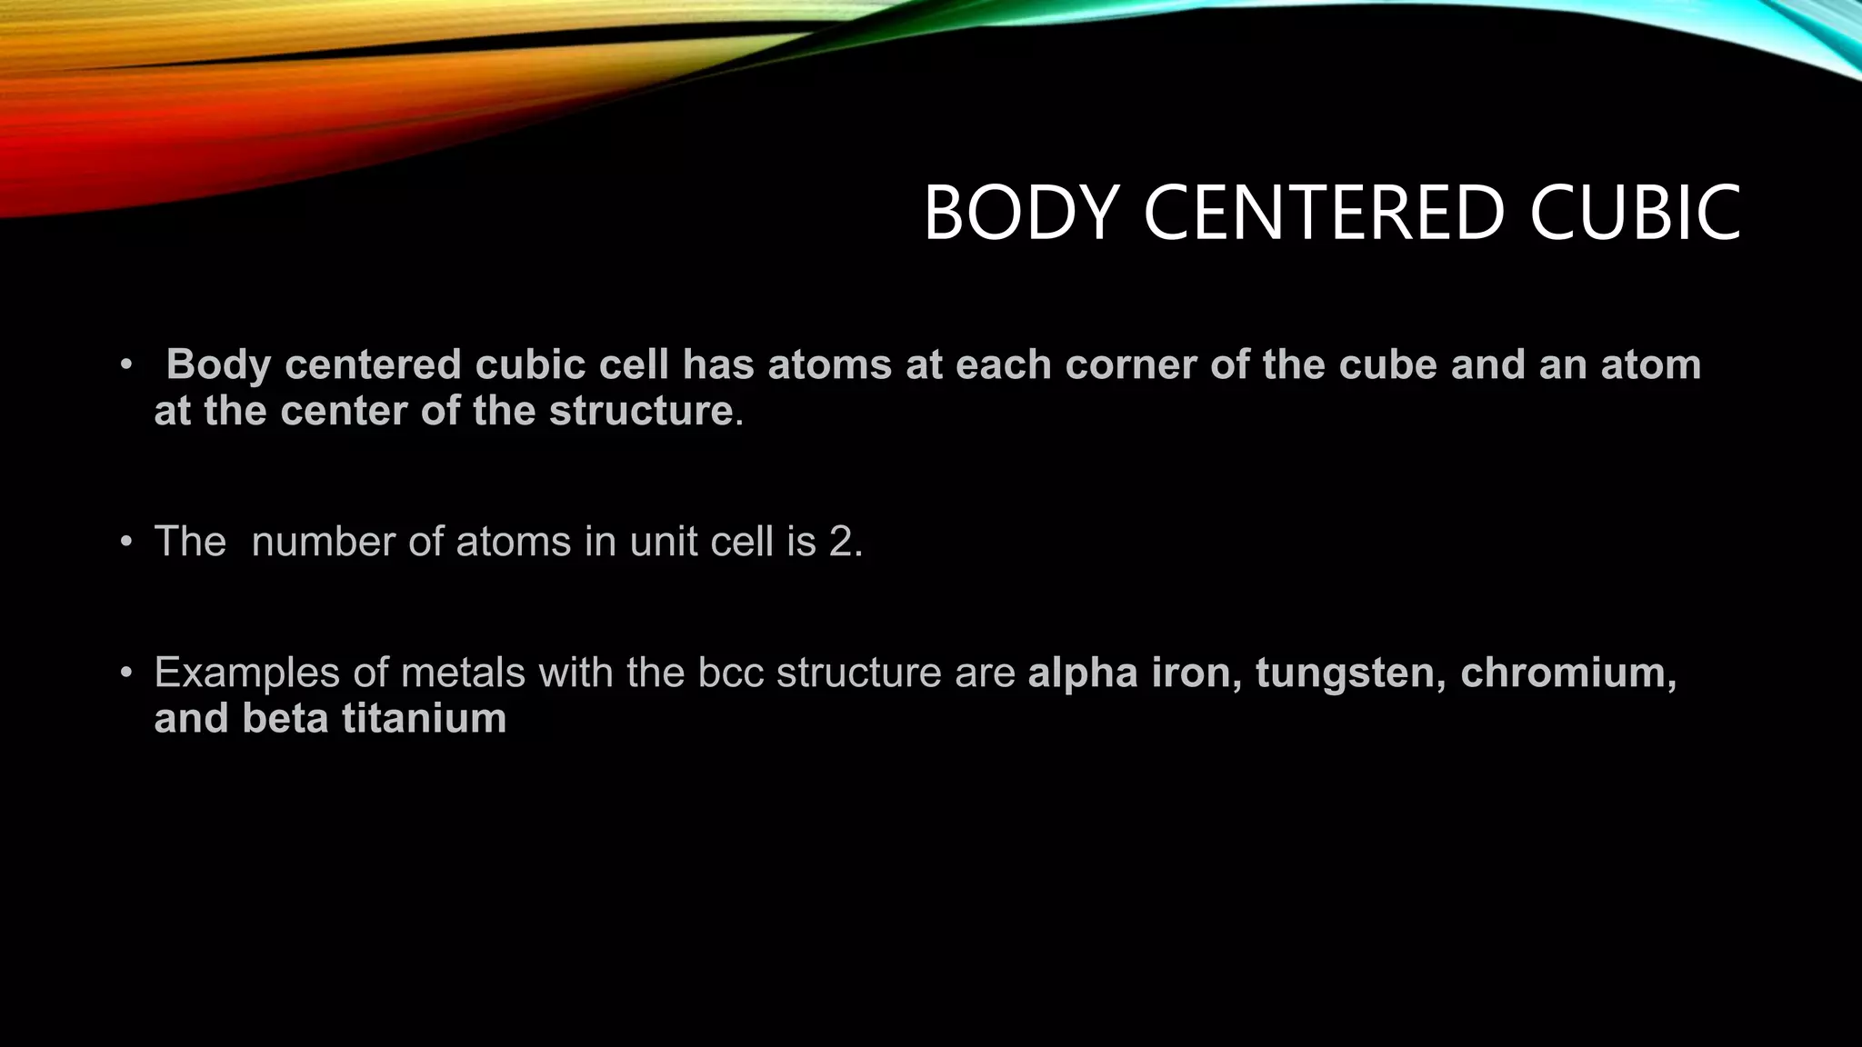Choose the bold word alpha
(x=1083, y=673)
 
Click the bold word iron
(x=1196, y=673)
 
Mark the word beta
(x=285, y=719)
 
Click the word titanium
(x=424, y=719)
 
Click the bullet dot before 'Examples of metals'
(x=126, y=673)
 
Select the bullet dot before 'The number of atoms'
(x=126, y=543)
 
